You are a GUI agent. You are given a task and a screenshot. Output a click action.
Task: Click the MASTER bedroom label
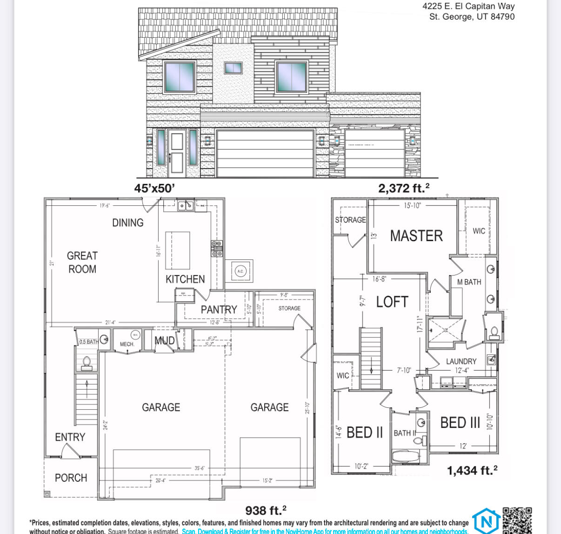click(x=416, y=236)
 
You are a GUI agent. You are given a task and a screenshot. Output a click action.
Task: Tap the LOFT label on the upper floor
click(x=392, y=302)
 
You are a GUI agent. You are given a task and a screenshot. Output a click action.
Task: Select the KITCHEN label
click(x=185, y=279)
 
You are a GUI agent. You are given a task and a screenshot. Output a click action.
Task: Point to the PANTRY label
click(x=219, y=310)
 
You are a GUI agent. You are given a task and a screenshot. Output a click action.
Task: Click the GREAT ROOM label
click(x=82, y=262)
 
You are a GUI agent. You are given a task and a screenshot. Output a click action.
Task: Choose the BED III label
click(x=460, y=423)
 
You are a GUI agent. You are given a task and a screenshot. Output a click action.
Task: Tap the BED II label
click(x=365, y=433)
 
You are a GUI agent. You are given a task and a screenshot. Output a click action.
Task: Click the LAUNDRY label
click(x=461, y=361)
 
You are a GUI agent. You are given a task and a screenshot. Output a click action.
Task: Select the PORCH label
click(x=71, y=478)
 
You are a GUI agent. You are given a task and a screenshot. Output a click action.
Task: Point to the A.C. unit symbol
click(x=240, y=271)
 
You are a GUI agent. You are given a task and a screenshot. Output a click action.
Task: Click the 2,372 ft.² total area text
click(x=403, y=188)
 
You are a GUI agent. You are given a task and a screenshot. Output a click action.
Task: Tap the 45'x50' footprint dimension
click(x=154, y=188)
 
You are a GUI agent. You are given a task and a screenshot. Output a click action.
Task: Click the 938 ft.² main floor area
click(x=266, y=510)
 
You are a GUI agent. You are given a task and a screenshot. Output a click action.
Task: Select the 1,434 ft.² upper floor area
click(x=472, y=471)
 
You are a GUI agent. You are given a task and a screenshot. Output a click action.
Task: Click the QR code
click(x=517, y=520)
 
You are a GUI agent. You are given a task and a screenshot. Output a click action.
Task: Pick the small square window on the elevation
click(x=233, y=68)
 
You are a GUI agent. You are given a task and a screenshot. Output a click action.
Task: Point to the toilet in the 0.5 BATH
click(x=87, y=363)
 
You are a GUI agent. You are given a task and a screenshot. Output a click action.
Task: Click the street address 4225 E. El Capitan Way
click(x=468, y=7)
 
